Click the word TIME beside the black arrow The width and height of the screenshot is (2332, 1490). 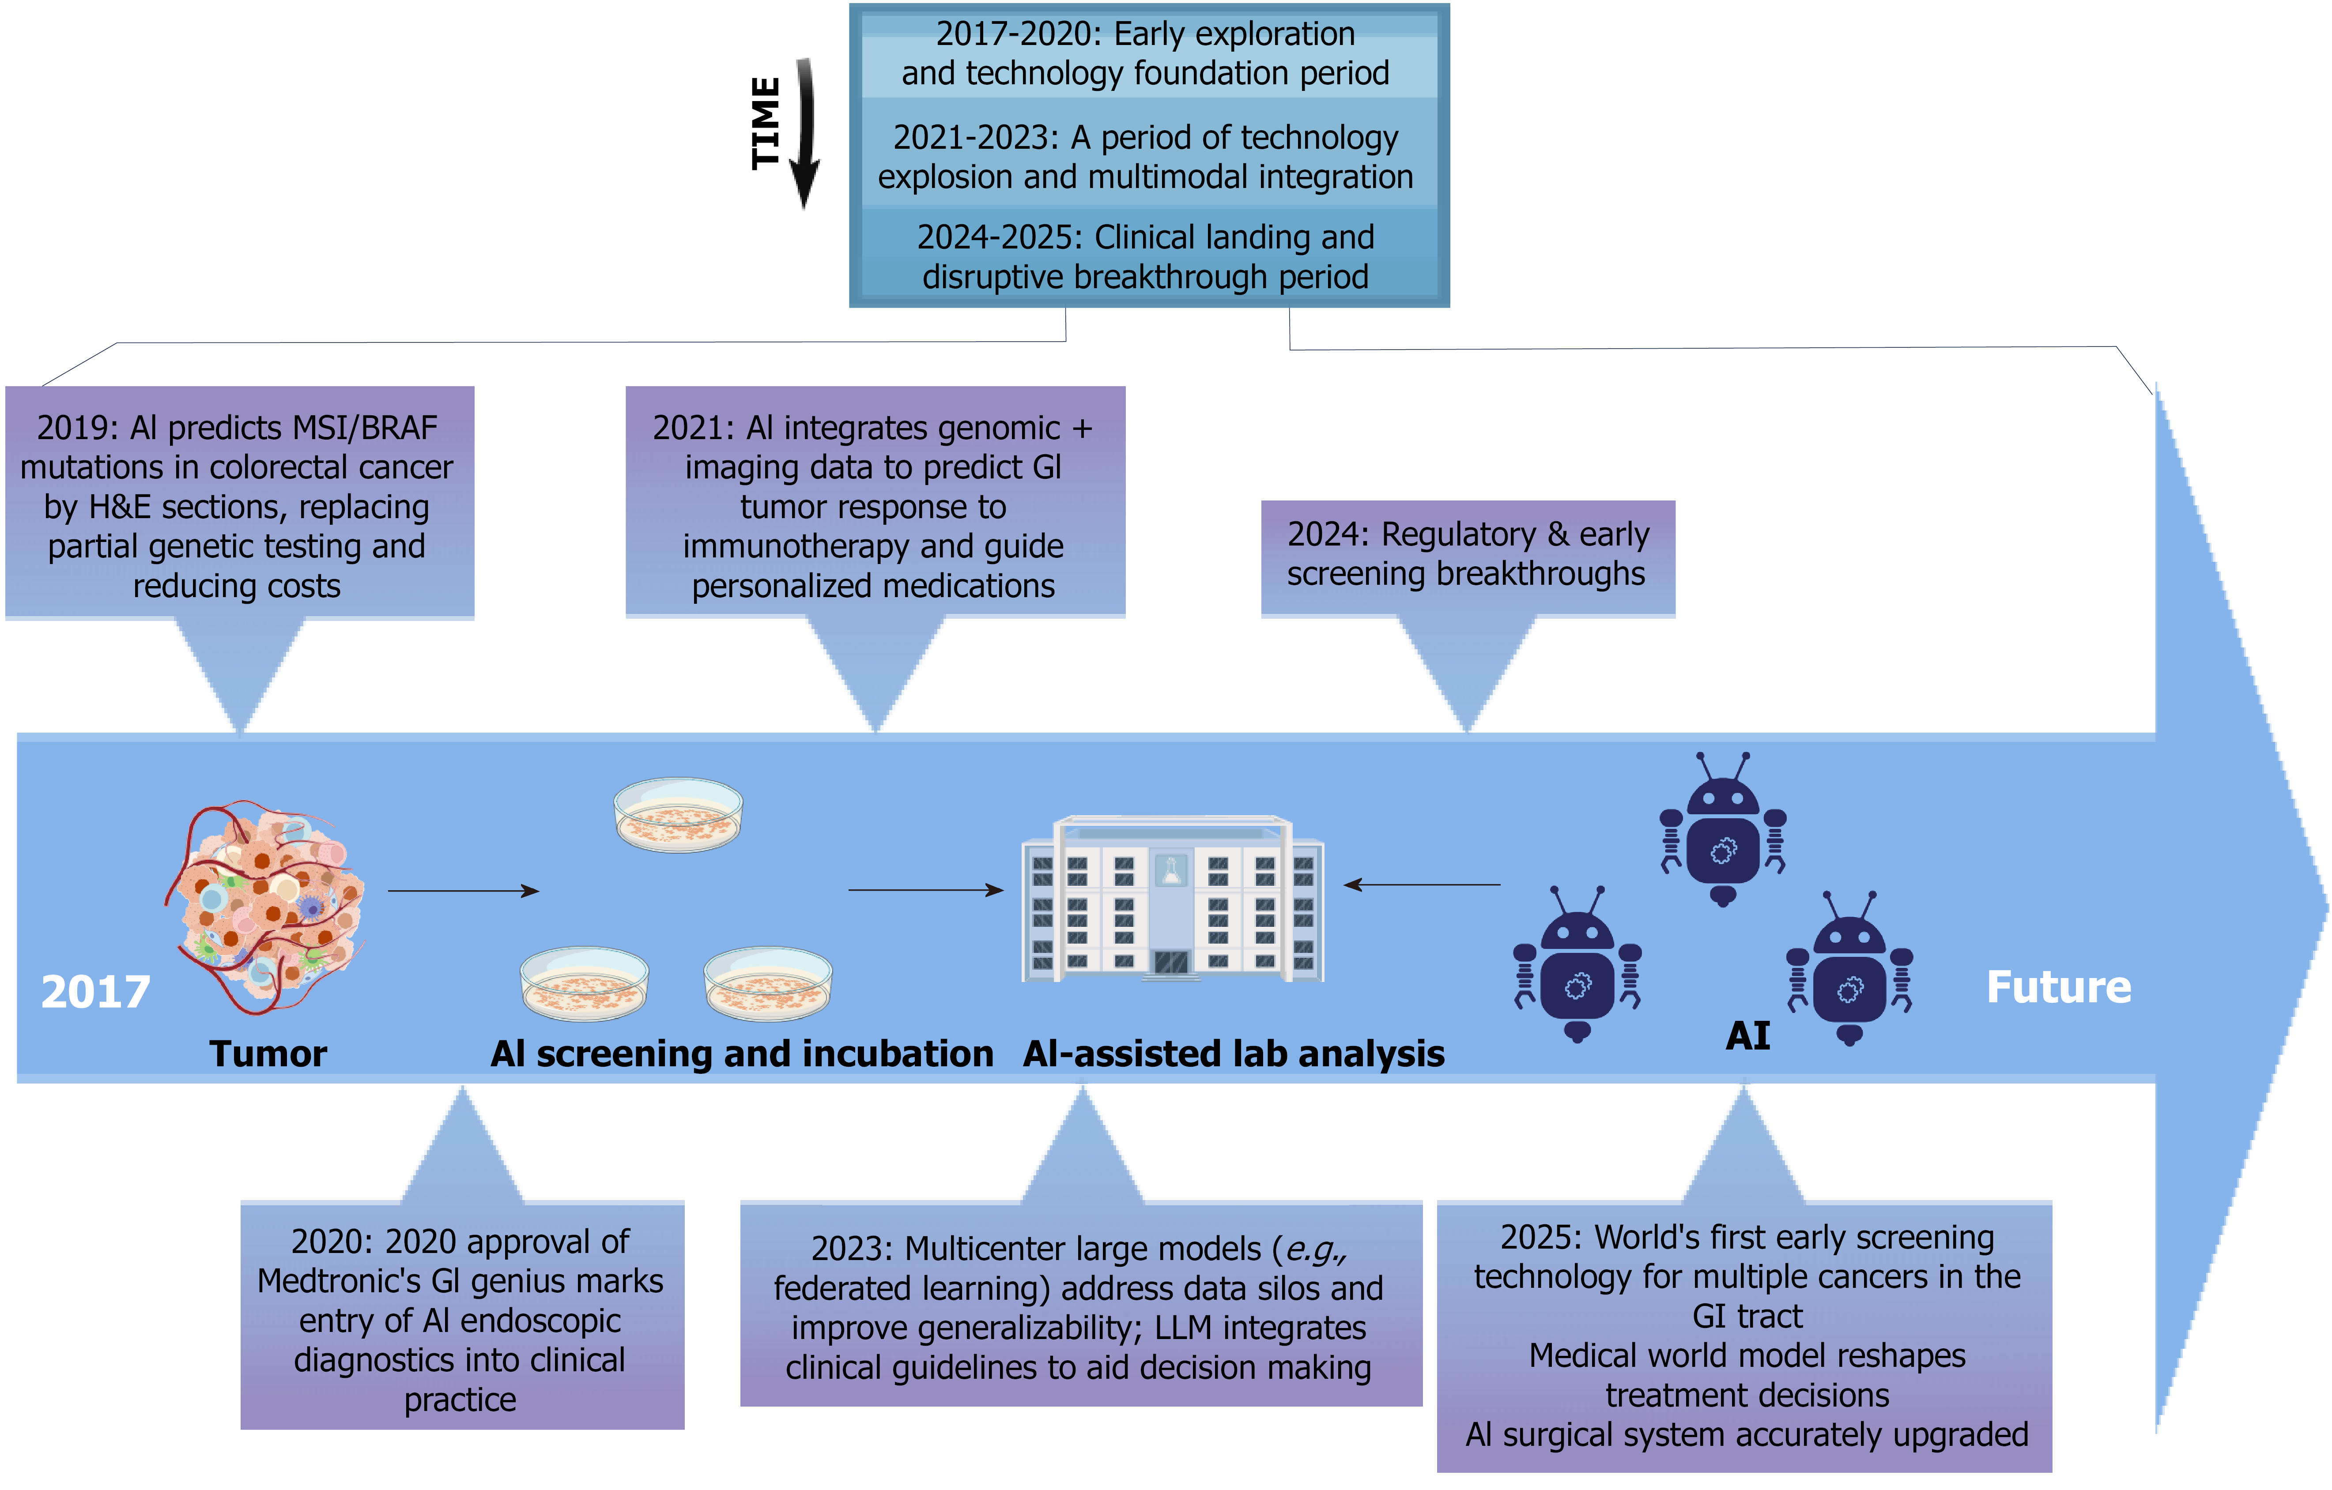(x=765, y=123)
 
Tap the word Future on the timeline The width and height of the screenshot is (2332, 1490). (x=2058, y=988)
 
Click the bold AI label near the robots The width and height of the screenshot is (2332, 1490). (x=1747, y=1036)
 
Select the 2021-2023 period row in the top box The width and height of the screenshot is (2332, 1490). (x=1146, y=157)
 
